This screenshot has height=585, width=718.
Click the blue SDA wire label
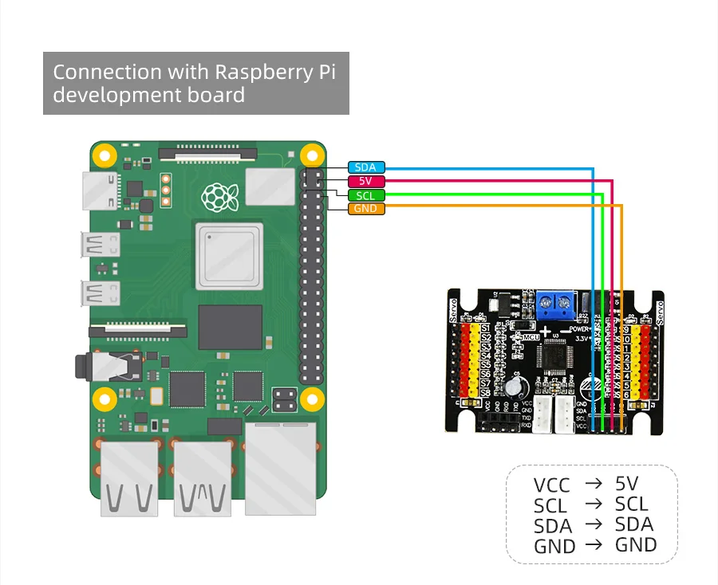coord(366,167)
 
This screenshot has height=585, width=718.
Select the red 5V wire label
coord(366,181)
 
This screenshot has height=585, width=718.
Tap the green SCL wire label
coord(366,195)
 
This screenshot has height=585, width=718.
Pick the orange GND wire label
coord(366,209)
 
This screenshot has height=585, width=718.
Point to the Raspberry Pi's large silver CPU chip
coord(229,255)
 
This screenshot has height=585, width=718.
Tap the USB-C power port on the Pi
coord(93,188)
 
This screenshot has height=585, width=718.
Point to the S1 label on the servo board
coord(485,328)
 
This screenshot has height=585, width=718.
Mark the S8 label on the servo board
coord(485,393)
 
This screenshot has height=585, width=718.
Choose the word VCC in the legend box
coord(551,485)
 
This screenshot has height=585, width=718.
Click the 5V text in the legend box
coord(627,483)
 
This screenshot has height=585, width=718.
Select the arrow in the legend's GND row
coord(593,545)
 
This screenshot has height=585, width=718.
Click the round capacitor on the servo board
coord(513,387)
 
